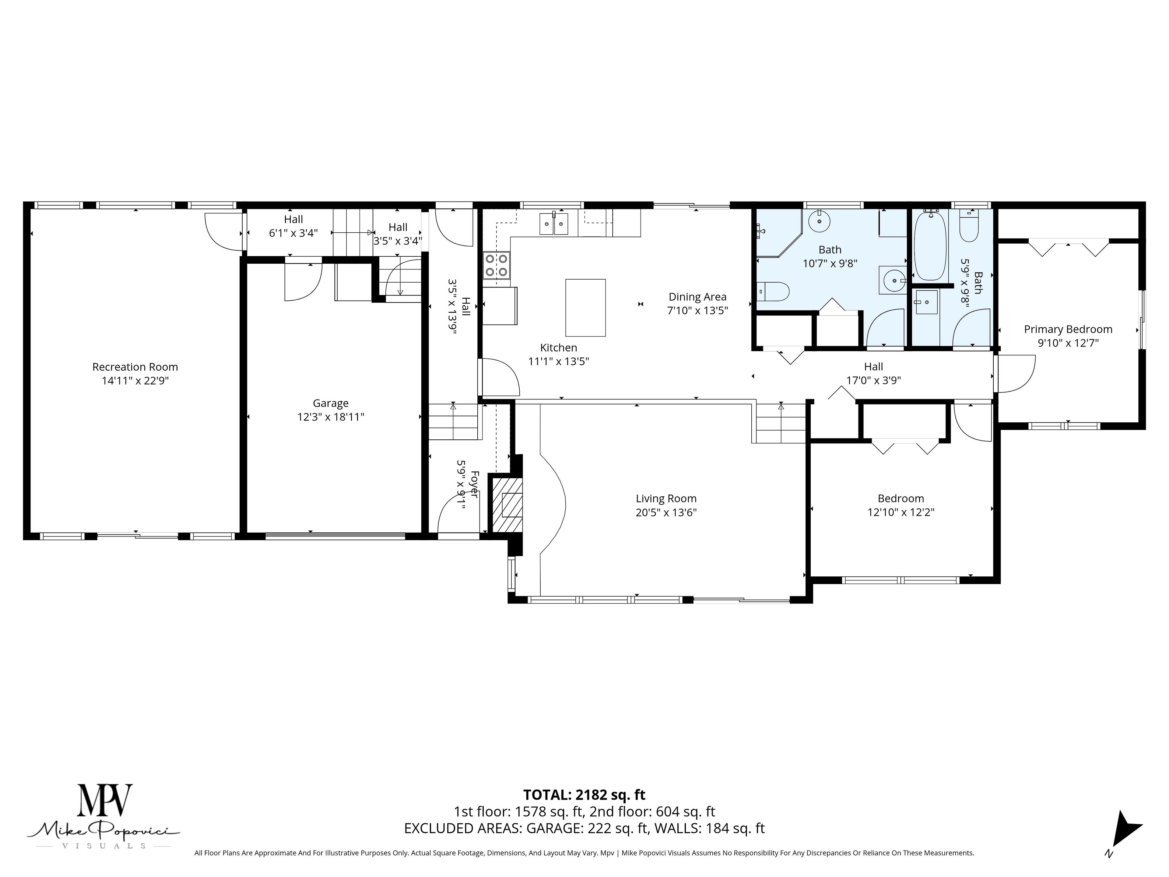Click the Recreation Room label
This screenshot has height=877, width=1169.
point(135,367)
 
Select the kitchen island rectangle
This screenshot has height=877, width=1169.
point(585,308)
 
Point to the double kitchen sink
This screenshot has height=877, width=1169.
point(554,224)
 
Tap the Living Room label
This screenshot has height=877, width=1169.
point(666,498)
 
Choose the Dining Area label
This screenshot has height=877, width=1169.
point(698,297)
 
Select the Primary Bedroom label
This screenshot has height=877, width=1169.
point(1068,329)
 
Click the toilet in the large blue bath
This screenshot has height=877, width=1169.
point(773,292)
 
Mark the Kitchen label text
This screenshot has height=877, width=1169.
point(559,348)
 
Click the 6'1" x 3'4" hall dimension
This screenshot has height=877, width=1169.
point(293,233)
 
